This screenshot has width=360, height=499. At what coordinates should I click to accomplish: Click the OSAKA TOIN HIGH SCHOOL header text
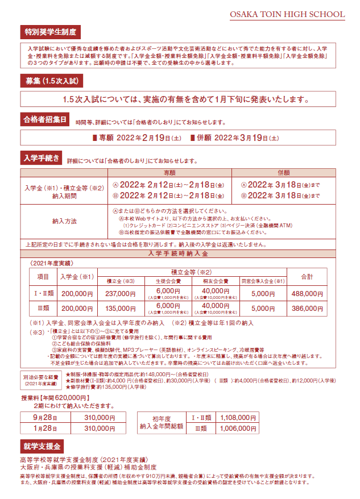[287, 14]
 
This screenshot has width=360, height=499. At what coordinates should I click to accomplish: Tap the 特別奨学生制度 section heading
[49, 31]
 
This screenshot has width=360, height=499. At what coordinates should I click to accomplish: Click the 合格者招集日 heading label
[45, 120]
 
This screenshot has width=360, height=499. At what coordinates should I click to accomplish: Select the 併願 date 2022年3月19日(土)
[234, 138]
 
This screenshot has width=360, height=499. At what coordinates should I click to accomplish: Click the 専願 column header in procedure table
[169, 172]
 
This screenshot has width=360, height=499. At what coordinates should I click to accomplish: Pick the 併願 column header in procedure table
[283, 172]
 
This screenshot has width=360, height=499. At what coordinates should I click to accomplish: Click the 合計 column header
[307, 276]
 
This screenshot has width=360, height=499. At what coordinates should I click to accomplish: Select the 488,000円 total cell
[307, 293]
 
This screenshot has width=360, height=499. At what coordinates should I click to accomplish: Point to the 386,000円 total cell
[307, 309]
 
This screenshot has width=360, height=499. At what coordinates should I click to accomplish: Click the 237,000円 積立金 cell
[120, 293]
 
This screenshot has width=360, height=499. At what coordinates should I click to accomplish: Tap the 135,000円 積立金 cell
[120, 309]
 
